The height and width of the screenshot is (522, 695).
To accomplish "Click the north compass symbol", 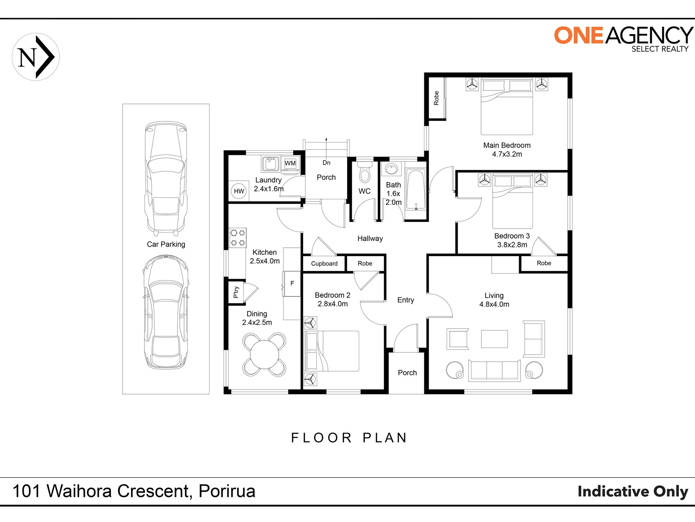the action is click(x=35, y=57).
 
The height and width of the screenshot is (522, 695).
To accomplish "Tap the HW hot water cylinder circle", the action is click(x=239, y=191).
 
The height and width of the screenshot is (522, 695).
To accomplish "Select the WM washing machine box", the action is click(x=290, y=163).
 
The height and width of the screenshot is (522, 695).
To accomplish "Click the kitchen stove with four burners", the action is click(x=238, y=237).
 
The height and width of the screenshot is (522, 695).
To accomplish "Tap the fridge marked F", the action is click(x=292, y=284).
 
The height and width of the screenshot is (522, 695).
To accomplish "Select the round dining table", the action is click(x=264, y=355).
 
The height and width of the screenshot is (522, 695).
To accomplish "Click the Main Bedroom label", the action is click(x=507, y=145).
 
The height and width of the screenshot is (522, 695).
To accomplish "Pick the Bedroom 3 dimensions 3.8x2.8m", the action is click(x=512, y=245).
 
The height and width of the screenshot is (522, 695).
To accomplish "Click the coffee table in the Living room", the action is click(x=494, y=339).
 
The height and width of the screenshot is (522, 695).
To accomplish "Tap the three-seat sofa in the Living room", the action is click(x=494, y=371).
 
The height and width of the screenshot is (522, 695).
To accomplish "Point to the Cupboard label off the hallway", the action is click(x=324, y=264).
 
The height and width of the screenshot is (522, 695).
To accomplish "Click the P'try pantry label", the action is click(x=236, y=292).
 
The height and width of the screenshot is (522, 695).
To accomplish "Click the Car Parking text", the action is click(x=166, y=244).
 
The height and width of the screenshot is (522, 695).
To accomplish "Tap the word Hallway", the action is click(x=370, y=238).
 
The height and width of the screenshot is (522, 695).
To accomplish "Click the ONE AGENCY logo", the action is click(x=623, y=39).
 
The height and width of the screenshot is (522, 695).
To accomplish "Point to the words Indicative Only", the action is click(x=633, y=491).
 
